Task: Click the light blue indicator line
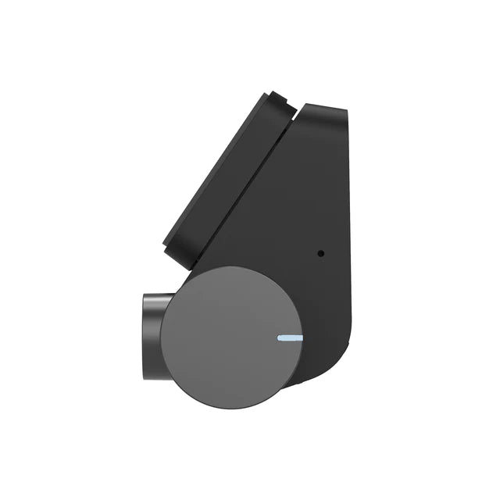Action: click(x=291, y=338)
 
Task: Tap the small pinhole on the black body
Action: click(x=320, y=253)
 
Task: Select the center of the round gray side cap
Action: click(x=231, y=337)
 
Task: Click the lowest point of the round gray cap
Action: click(x=231, y=408)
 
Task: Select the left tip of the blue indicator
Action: click(x=279, y=338)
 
